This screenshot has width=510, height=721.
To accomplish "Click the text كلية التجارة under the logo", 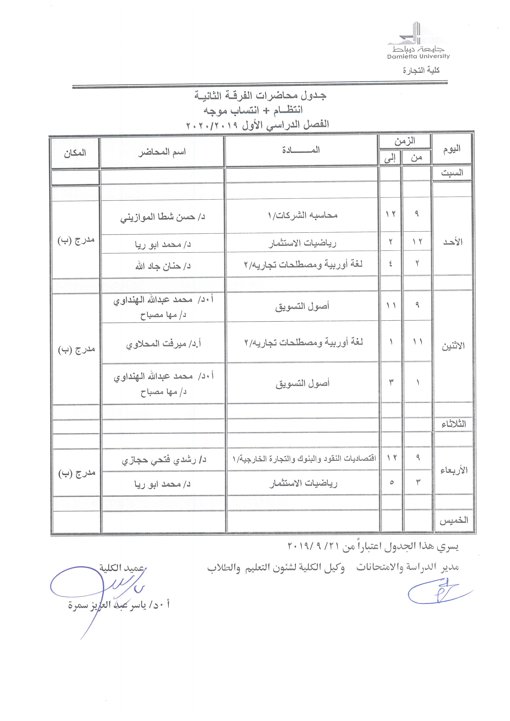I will (x=421, y=70).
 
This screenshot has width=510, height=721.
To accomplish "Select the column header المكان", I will (x=75, y=153).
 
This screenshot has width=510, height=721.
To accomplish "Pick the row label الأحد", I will (x=453, y=242).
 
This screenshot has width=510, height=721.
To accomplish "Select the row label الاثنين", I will (x=453, y=346).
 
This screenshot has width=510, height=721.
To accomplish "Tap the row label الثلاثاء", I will (x=453, y=424).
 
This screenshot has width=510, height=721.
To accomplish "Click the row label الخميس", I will (x=453, y=521).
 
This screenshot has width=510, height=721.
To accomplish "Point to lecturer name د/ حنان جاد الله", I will (x=163, y=266).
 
